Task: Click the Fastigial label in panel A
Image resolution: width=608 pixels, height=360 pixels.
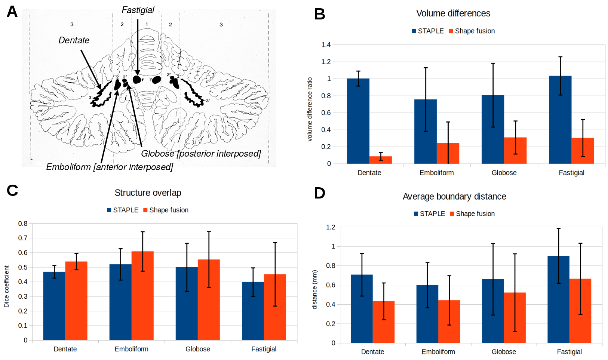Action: click(x=138, y=10)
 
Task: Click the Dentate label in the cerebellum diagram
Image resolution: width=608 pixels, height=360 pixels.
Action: click(x=74, y=40)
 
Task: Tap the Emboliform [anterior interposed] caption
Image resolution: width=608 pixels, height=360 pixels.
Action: click(x=109, y=167)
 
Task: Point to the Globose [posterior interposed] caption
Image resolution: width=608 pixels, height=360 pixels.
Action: click(x=201, y=154)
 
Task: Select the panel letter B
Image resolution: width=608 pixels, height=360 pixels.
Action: click(x=319, y=14)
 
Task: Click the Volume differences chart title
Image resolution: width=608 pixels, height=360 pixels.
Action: click(x=453, y=13)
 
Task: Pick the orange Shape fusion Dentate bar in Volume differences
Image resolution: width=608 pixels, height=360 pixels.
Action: click(x=381, y=160)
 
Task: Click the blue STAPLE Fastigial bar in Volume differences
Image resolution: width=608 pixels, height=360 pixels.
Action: click(x=560, y=120)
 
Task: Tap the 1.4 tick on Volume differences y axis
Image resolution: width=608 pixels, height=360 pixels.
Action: click(x=326, y=45)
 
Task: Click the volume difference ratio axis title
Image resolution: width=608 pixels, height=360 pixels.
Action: click(x=310, y=109)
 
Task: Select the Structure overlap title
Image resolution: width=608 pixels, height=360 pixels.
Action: click(x=148, y=193)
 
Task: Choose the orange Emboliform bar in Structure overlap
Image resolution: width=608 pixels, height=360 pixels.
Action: click(x=142, y=295)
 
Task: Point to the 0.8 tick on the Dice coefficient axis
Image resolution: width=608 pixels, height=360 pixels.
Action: click(x=23, y=224)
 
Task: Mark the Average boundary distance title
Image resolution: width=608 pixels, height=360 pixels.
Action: click(x=454, y=197)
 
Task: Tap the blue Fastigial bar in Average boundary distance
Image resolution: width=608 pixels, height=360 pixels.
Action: click(x=558, y=299)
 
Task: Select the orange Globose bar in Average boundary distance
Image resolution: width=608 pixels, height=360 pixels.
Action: click(x=515, y=318)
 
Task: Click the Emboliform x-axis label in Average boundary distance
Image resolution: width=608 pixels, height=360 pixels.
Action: click(x=438, y=352)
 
